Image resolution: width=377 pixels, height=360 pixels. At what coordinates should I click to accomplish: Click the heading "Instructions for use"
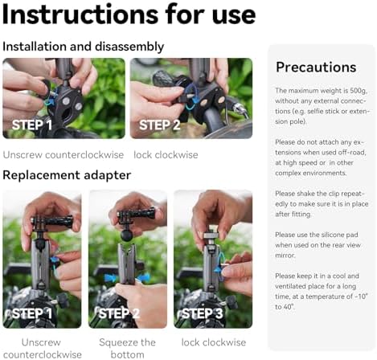129,14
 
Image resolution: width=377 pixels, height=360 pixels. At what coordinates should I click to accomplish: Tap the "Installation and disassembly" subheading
84,47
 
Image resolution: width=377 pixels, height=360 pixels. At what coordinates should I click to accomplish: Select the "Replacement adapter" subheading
67,175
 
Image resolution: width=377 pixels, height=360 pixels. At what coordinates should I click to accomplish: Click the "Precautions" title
316,67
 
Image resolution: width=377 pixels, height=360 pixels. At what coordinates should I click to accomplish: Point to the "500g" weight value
359,91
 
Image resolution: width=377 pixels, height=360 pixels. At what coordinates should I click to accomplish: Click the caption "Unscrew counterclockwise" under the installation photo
64,155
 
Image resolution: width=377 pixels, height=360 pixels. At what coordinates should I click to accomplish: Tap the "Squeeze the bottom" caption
127,348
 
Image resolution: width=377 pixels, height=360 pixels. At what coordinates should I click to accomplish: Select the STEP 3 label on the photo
203,313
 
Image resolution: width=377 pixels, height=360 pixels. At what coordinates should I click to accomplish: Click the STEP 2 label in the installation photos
160,125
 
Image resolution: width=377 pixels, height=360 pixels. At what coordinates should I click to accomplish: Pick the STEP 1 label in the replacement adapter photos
32,313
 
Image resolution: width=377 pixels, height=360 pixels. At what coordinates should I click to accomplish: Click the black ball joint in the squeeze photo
128,233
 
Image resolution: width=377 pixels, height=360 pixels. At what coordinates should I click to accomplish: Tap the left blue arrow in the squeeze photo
111,278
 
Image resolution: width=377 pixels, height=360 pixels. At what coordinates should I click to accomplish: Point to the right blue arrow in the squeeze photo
143,277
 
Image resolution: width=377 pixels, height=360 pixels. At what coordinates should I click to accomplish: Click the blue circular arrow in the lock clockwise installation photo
191,97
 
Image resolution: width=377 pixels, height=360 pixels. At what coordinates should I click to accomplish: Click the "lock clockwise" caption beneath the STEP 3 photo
214,342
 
